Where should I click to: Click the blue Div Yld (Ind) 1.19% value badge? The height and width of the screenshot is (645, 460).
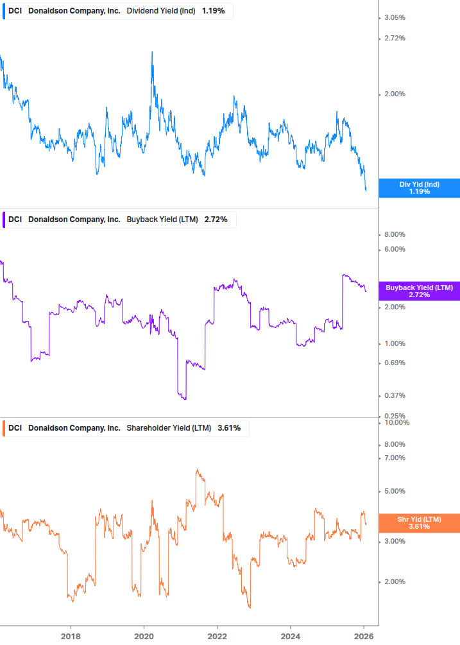pyautogui.click(x=419, y=188)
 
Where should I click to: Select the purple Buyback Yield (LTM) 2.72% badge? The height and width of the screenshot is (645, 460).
pyautogui.click(x=419, y=291)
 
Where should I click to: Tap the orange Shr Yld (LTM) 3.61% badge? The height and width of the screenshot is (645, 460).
pyautogui.click(x=419, y=522)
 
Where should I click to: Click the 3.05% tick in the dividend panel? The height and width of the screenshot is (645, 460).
pyautogui.click(x=394, y=17)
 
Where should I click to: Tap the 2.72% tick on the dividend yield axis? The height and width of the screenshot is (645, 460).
pyautogui.click(x=394, y=39)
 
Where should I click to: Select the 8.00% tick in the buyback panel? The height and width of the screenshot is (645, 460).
pyautogui.click(x=394, y=234)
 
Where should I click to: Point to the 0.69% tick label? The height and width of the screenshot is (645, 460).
pyautogui.click(x=394, y=363)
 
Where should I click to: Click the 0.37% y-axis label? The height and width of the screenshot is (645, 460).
pyautogui.click(x=394, y=395)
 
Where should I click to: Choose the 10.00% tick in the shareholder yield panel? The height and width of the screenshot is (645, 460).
pyautogui.click(x=396, y=422)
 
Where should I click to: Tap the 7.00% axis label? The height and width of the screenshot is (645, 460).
pyautogui.click(x=394, y=458)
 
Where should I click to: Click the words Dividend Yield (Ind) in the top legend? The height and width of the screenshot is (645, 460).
pyautogui.click(x=161, y=11)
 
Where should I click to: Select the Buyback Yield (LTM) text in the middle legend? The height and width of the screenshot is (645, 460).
pyautogui.click(x=163, y=219)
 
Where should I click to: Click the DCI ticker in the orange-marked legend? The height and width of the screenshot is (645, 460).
pyautogui.click(x=15, y=427)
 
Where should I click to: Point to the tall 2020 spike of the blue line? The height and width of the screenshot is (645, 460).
pyautogui.click(x=152, y=53)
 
